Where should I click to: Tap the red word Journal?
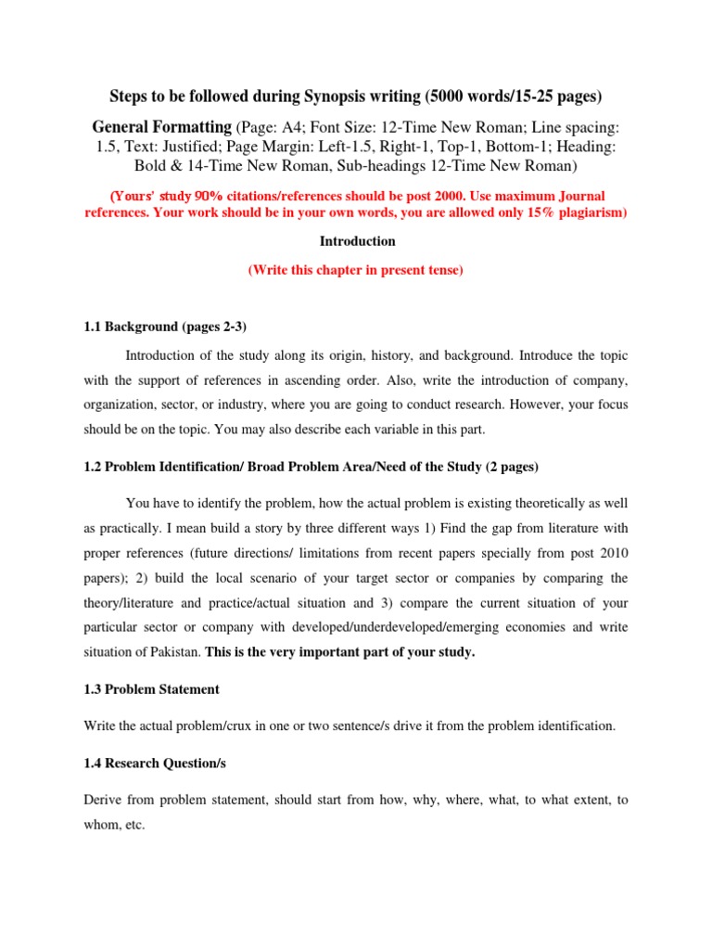[580, 197]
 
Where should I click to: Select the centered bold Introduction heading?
[357, 241]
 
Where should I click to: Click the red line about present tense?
[356, 271]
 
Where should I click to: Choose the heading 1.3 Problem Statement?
[151, 688]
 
